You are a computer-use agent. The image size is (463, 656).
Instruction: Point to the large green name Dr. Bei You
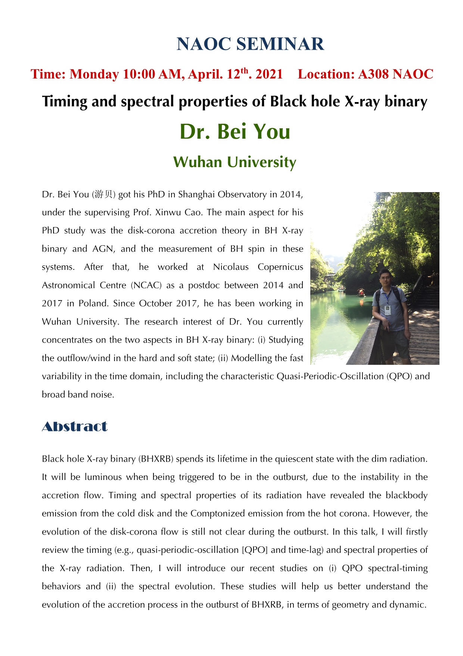click(235, 132)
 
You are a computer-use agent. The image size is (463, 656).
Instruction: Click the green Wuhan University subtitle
click(235, 162)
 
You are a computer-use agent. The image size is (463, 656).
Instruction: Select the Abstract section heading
click(75, 426)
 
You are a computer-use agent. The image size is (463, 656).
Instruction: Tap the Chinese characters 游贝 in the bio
click(103, 194)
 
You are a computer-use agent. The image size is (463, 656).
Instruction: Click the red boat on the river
click(361, 292)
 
